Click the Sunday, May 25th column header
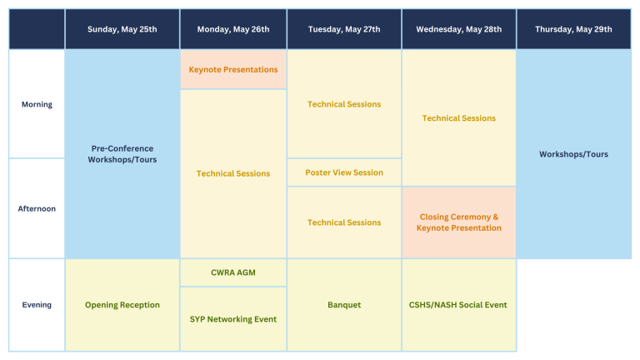point(122,29)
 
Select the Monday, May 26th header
point(233,29)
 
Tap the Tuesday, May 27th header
point(344,29)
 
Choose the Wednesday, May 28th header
point(459,29)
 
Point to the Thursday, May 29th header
point(574,29)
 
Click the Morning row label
point(37,104)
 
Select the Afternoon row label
point(37,208)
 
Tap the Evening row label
point(37,305)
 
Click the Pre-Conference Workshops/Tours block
point(122,154)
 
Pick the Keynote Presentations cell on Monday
point(233,69)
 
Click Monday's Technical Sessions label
point(233,173)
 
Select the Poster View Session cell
point(344,172)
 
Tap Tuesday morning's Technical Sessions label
point(344,104)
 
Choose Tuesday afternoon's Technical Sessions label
point(344,222)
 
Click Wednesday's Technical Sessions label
point(459,118)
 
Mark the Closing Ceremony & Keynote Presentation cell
point(459,222)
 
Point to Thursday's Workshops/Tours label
point(574,154)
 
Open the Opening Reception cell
point(122,305)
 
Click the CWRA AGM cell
point(233,272)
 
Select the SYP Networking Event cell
point(233,319)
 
